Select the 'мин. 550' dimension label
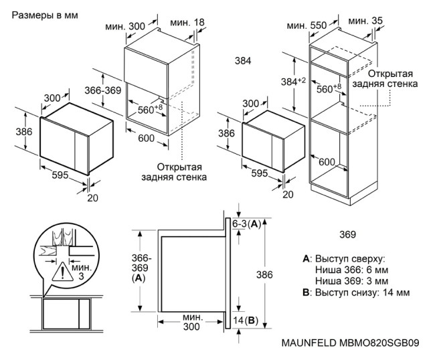coord(307,25)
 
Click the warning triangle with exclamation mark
coord(65,272)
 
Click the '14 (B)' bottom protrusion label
coord(244,321)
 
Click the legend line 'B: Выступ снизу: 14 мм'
coord(356,292)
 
